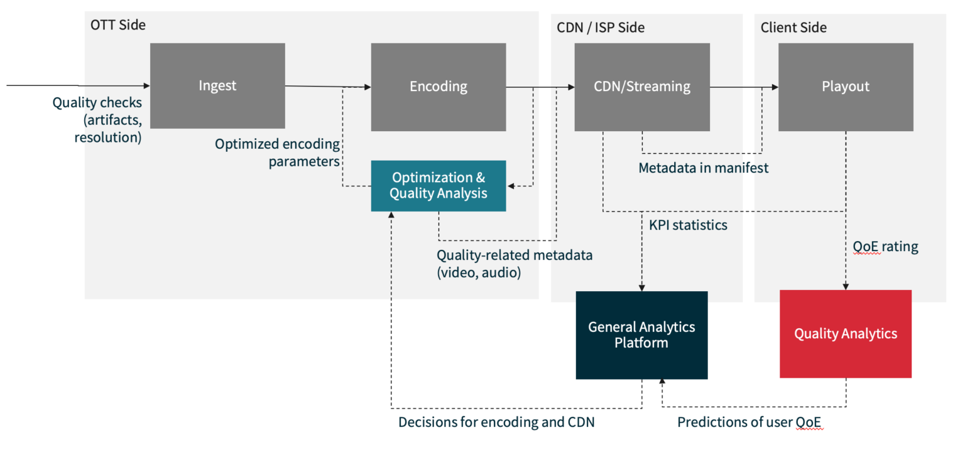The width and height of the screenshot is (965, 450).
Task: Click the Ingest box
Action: [x=217, y=86]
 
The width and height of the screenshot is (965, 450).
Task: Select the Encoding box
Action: [x=438, y=87]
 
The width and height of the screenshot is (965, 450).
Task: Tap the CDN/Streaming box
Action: [x=642, y=87]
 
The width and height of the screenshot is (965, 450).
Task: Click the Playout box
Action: [x=845, y=87]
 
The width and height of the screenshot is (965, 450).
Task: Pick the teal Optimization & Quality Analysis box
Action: [x=438, y=186]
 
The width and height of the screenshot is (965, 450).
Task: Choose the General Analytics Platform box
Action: [x=641, y=335]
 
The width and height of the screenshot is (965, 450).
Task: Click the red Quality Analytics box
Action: [x=845, y=334]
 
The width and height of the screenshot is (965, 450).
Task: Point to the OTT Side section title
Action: [x=118, y=25]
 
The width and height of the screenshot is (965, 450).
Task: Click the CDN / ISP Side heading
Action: [x=601, y=28]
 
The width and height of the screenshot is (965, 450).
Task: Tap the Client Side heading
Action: [x=793, y=28]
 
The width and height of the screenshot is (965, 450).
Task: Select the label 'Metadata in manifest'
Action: [x=703, y=168]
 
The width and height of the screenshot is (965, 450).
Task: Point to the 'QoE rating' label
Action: [x=885, y=247]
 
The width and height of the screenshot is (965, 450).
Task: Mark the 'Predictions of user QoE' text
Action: [x=750, y=422]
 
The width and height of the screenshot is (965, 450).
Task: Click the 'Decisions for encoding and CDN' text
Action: [x=496, y=422]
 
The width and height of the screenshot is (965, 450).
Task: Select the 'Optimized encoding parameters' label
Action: [x=277, y=153]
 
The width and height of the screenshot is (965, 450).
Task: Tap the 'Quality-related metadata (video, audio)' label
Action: [x=515, y=264]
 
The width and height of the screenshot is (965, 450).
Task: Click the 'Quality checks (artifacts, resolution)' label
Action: [x=98, y=119]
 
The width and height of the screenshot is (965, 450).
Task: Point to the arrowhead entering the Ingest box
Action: [x=146, y=86]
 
